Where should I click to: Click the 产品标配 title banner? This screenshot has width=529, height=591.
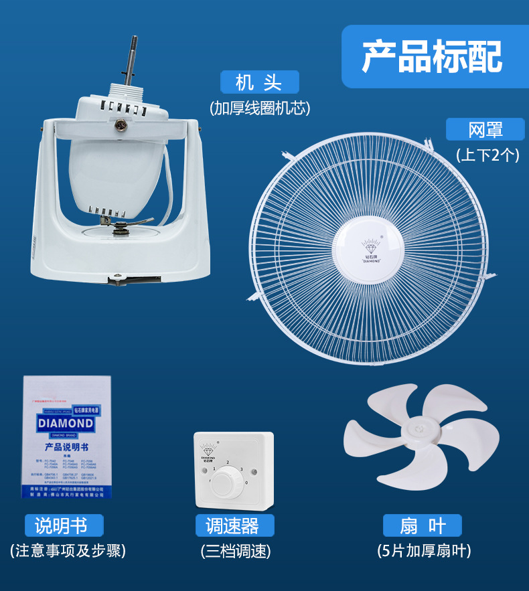point(432,56)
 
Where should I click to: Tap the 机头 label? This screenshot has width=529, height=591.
point(259,82)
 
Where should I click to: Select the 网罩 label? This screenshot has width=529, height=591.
point(485,129)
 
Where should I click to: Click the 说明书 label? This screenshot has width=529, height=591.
point(64,525)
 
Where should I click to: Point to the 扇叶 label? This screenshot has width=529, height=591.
point(423,526)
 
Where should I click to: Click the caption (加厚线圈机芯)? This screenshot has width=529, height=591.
point(260,108)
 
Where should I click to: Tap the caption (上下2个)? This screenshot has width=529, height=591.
point(487,155)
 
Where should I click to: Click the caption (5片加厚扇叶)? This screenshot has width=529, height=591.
point(424,551)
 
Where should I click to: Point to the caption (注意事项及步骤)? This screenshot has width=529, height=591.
point(68,551)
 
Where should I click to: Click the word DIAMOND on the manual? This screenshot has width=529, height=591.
point(66,424)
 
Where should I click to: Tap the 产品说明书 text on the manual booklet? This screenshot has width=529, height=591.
point(66,446)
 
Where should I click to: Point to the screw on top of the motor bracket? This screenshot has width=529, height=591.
point(123,124)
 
